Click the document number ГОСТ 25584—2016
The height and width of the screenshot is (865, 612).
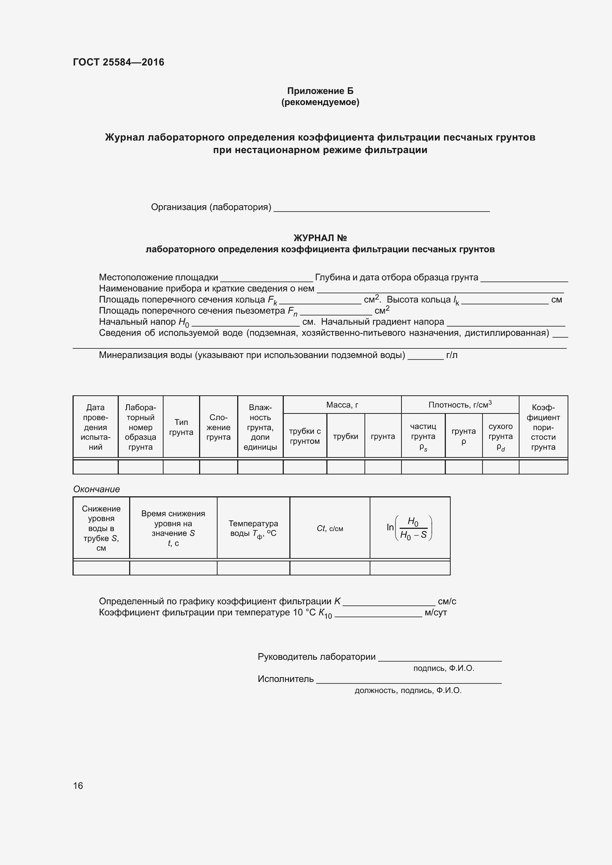pos(118,62)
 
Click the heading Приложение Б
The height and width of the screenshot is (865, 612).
pos(320,91)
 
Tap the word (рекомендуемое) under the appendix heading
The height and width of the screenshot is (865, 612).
pos(320,102)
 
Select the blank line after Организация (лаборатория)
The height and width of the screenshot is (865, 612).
pos(381,209)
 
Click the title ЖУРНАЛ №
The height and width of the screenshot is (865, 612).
pos(320,238)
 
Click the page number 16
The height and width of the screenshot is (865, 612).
pos(78,785)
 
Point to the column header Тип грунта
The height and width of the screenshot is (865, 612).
pos(181,427)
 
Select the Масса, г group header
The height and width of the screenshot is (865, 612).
pos(342,405)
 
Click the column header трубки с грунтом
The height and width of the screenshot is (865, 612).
pos(305,436)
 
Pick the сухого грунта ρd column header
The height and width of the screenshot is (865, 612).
pos(501,436)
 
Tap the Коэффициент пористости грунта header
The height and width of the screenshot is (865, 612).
pos(543,427)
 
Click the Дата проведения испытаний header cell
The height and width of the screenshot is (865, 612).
pos(95,427)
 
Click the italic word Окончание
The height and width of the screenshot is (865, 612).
pos(97,489)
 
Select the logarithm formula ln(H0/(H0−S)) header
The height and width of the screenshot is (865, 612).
pos(410,528)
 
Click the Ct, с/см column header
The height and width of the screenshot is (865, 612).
pos(330,528)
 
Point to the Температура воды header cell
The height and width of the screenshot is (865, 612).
pos(253,528)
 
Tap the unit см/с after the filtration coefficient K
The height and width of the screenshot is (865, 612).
pos(447,601)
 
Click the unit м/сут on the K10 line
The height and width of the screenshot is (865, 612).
pos(436,612)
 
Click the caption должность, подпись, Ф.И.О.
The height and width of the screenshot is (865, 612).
pos(408,690)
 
